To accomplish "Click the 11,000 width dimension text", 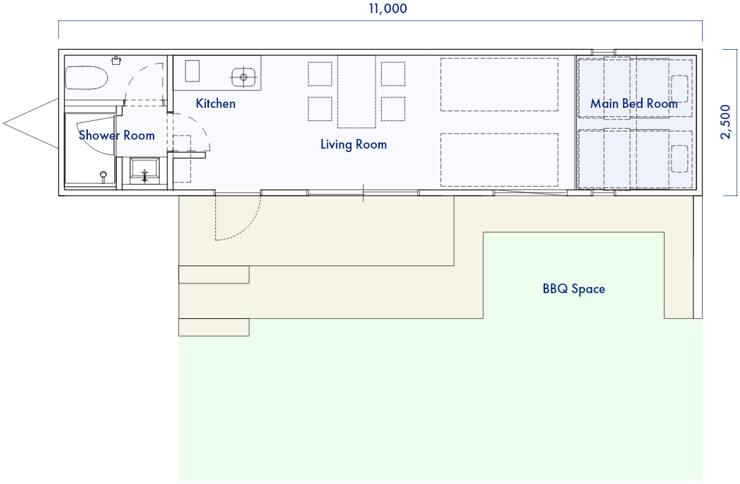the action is click(388, 8).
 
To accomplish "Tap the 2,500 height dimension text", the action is click(726, 122).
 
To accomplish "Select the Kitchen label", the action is click(216, 103).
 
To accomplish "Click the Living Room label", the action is click(353, 145).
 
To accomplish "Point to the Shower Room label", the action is click(117, 136).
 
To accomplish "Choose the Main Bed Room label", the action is click(633, 103).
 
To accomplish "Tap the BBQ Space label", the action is click(574, 289).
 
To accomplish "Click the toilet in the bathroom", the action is click(86, 78).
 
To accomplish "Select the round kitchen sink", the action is click(243, 77).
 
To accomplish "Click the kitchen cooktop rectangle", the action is click(192, 71).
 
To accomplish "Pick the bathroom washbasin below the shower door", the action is click(145, 171).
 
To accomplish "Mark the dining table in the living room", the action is click(357, 91).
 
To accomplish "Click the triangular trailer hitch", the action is click(30, 124).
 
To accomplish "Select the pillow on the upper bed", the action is click(680, 89).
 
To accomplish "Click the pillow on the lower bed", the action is click(680, 159).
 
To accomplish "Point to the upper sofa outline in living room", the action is click(499, 84).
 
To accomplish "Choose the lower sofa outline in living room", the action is click(499, 160).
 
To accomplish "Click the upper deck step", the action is click(214, 274).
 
